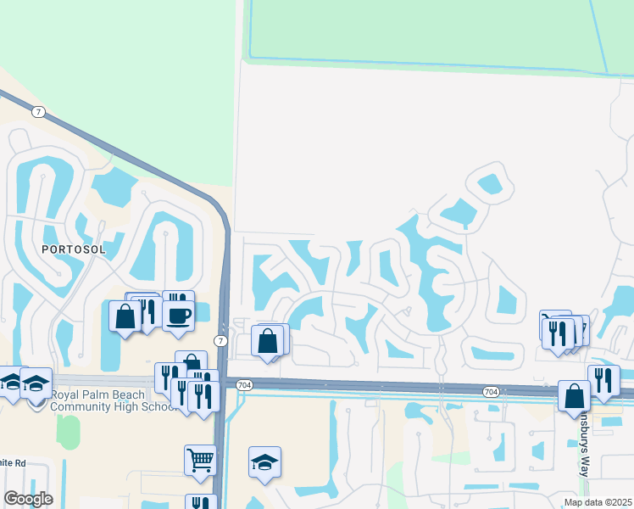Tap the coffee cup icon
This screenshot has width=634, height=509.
179,316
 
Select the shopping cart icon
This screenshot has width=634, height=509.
200,460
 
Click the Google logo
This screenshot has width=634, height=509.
28,499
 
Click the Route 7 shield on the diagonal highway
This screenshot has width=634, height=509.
38,112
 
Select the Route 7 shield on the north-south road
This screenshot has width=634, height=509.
220,341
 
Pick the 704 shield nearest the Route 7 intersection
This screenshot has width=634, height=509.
245,384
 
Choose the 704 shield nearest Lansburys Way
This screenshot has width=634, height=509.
491,391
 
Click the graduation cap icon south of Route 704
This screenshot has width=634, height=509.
265,462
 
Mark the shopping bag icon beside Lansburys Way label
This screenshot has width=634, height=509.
574,396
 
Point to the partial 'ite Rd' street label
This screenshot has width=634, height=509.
14,463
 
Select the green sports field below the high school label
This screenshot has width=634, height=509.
69,433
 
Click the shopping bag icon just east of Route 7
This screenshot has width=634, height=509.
268,341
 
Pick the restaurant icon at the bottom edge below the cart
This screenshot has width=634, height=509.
201,503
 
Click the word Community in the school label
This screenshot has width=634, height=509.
86,406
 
